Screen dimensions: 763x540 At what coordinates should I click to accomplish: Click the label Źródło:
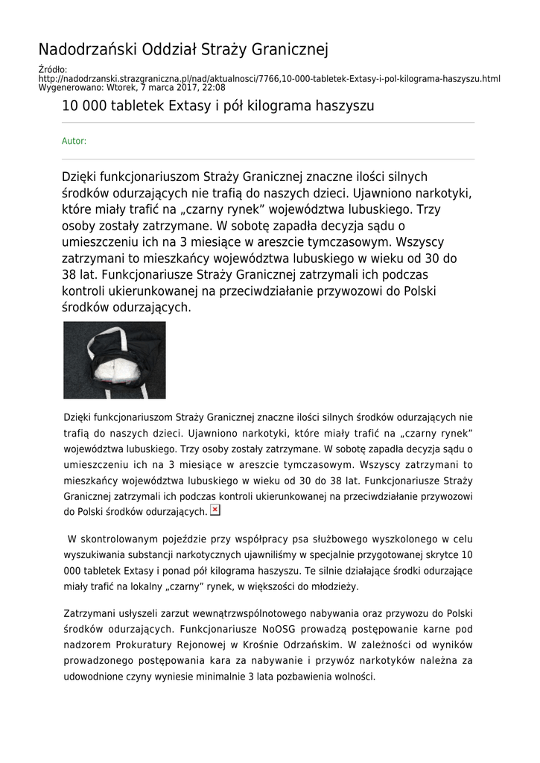pyautogui.click(x=52, y=70)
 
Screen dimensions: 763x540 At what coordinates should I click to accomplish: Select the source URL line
pyautogui.click(x=269, y=79)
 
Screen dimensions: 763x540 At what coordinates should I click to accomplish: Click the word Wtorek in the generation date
pyautogui.click(x=126, y=87)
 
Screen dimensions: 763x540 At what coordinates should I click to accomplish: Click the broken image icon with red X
pyautogui.click(x=215, y=510)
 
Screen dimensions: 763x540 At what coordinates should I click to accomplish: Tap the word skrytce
pyautogui.click(x=436, y=555)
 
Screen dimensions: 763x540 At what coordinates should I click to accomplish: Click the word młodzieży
pyautogui.click(x=337, y=586)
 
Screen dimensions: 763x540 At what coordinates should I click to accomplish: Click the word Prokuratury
pyautogui.click(x=165, y=645)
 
